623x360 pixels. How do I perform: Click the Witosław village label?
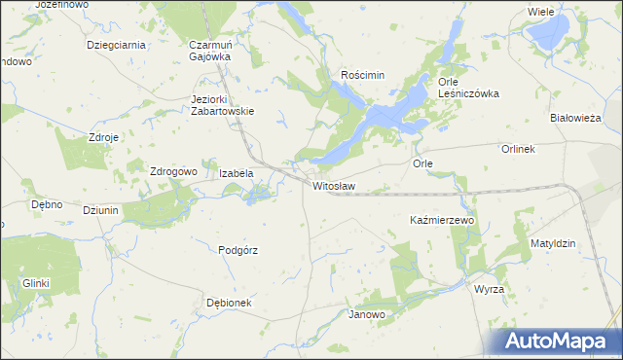pos(333,185)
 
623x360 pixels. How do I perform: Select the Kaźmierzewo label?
pos(441,221)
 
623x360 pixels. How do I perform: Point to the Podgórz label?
pos(238,250)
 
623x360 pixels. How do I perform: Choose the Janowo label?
pos(367,315)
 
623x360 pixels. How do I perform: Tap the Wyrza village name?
pos(488,290)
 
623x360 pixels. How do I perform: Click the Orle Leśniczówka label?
pos(468,88)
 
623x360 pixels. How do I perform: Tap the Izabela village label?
pos(237,173)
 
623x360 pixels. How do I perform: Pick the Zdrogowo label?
pos(173,171)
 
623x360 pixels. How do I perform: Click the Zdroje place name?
pos(103,137)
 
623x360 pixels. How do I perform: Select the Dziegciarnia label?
pos(116,45)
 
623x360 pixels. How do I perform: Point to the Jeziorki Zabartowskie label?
pos(223,104)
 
